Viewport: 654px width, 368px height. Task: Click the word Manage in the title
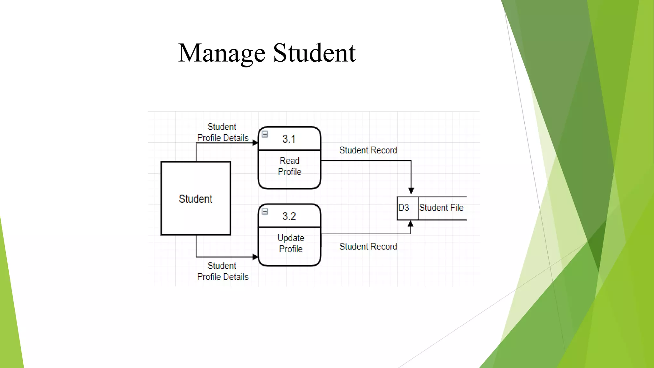click(x=222, y=53)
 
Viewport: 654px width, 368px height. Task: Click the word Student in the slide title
click(x=314, y=53)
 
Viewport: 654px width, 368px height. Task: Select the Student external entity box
click(x=196, y=199)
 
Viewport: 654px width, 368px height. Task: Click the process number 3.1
click(x=289, y=139)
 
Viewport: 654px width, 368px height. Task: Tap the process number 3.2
click(x=289, y=217)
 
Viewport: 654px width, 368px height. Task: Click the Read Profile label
click(x=290, y=166)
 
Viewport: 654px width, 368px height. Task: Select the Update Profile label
click(x=291, y=243)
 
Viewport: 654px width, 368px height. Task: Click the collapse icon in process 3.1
click(x=265, y=134)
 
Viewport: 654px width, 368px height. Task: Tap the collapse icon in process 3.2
click(x=265, y=211)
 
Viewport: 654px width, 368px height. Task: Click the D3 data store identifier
click(x=404, y=208)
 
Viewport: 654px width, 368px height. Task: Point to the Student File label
click(x=441, y=208)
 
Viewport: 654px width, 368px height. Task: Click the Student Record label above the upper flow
click(x=368, y=150)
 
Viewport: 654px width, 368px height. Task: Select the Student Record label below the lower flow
click(x=368, y=247)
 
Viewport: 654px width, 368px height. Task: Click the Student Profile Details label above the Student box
click(x=223, y=132)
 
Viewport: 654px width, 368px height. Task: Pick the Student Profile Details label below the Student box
click(x=223, y=271)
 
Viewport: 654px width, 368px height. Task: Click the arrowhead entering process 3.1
click(x=255, y=143)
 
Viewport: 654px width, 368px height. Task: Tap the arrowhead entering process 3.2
click(x=255, y=257)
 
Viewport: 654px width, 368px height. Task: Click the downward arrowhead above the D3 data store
click(x=411, y=191)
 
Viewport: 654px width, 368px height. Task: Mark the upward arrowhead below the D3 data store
click(x=411, y=224)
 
